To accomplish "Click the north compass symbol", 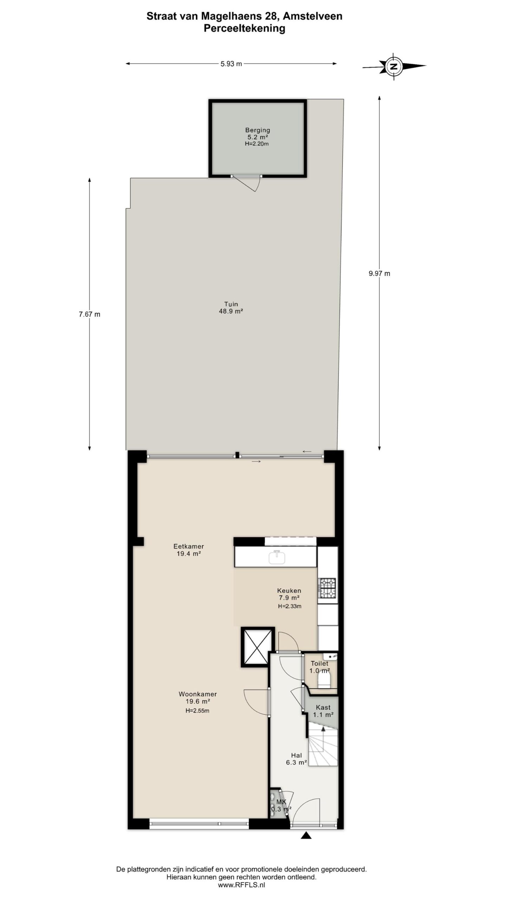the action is tap(394, 66).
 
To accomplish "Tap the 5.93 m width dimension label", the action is tap(231, 64).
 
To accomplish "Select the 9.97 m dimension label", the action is tap(379, 274).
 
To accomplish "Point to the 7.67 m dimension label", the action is tap(89, 314).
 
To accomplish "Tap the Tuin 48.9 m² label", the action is tap(231, 308).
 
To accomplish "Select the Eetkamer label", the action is tap(188, 546).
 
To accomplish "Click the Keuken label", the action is tap(289, 591).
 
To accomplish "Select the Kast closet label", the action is tap(323, 707).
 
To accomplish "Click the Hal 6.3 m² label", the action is tap(296, 759).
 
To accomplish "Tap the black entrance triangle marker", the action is tap(306, 835).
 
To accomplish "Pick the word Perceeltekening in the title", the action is tap(244, 28).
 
